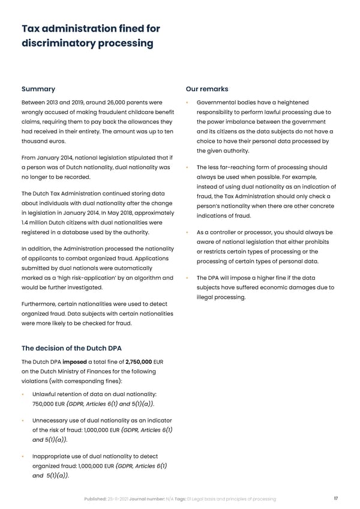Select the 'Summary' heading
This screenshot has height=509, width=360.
tap(38, 89)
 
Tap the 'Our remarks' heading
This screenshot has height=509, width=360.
tap(207, 89)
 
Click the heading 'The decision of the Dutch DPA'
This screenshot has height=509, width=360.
tap(71, 348)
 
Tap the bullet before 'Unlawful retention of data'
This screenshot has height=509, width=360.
tap(23, 393)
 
